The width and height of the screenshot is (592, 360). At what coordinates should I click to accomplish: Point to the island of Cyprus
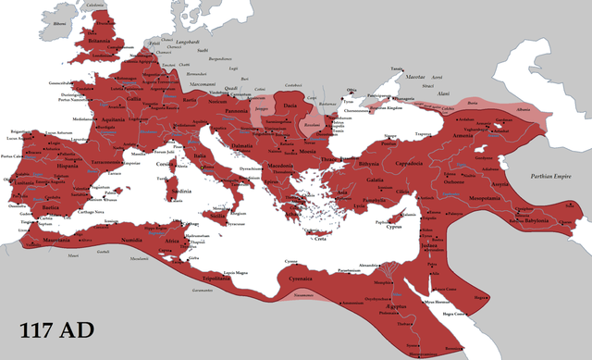tap(392, 225)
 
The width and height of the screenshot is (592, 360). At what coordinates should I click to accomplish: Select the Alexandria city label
tap(369, 265)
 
